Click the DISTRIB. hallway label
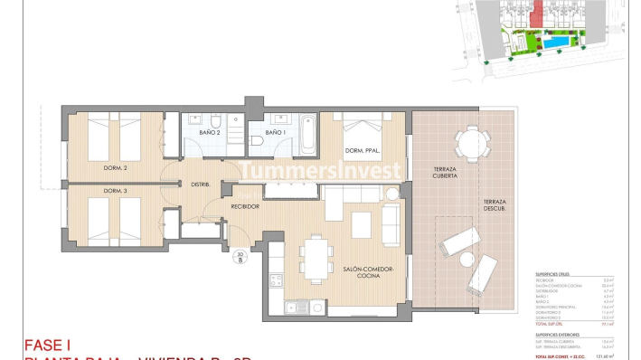click(201, 185)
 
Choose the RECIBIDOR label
click(244, 207)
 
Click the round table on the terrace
click(468, 142)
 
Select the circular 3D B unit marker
click(240, 257)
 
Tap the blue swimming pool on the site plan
click(555, 43)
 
